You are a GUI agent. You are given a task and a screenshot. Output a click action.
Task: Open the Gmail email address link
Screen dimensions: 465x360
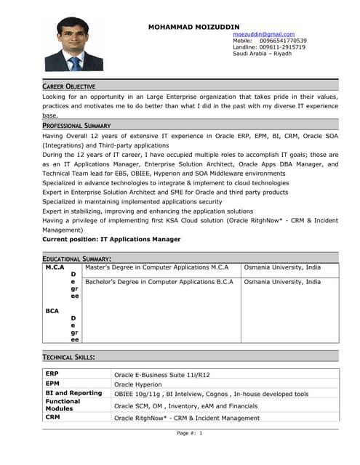point(263,34)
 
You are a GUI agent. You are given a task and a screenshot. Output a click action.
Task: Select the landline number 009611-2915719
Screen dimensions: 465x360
point(279,47)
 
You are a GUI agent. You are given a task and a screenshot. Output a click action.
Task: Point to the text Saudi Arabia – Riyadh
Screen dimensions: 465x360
point(262,54)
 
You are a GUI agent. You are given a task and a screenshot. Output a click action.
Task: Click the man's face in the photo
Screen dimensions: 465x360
point(75,39)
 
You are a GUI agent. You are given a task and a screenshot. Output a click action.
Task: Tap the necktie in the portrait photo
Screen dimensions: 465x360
point(76,63)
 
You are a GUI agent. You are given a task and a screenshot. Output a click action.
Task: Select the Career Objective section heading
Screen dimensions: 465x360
point(69,86)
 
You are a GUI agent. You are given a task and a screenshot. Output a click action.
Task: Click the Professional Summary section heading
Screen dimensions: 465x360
point(76,126)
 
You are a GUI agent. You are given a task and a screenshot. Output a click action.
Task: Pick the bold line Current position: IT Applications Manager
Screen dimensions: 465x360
point(111,239)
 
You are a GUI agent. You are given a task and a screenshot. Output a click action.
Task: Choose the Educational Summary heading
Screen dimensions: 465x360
point(76,259)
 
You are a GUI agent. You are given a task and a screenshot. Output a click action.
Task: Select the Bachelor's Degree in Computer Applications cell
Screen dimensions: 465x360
point(159,282)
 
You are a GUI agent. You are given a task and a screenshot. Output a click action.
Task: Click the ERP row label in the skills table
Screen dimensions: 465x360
point(52,373)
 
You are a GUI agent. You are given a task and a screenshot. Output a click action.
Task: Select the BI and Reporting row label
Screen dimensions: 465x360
point(73,393)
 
